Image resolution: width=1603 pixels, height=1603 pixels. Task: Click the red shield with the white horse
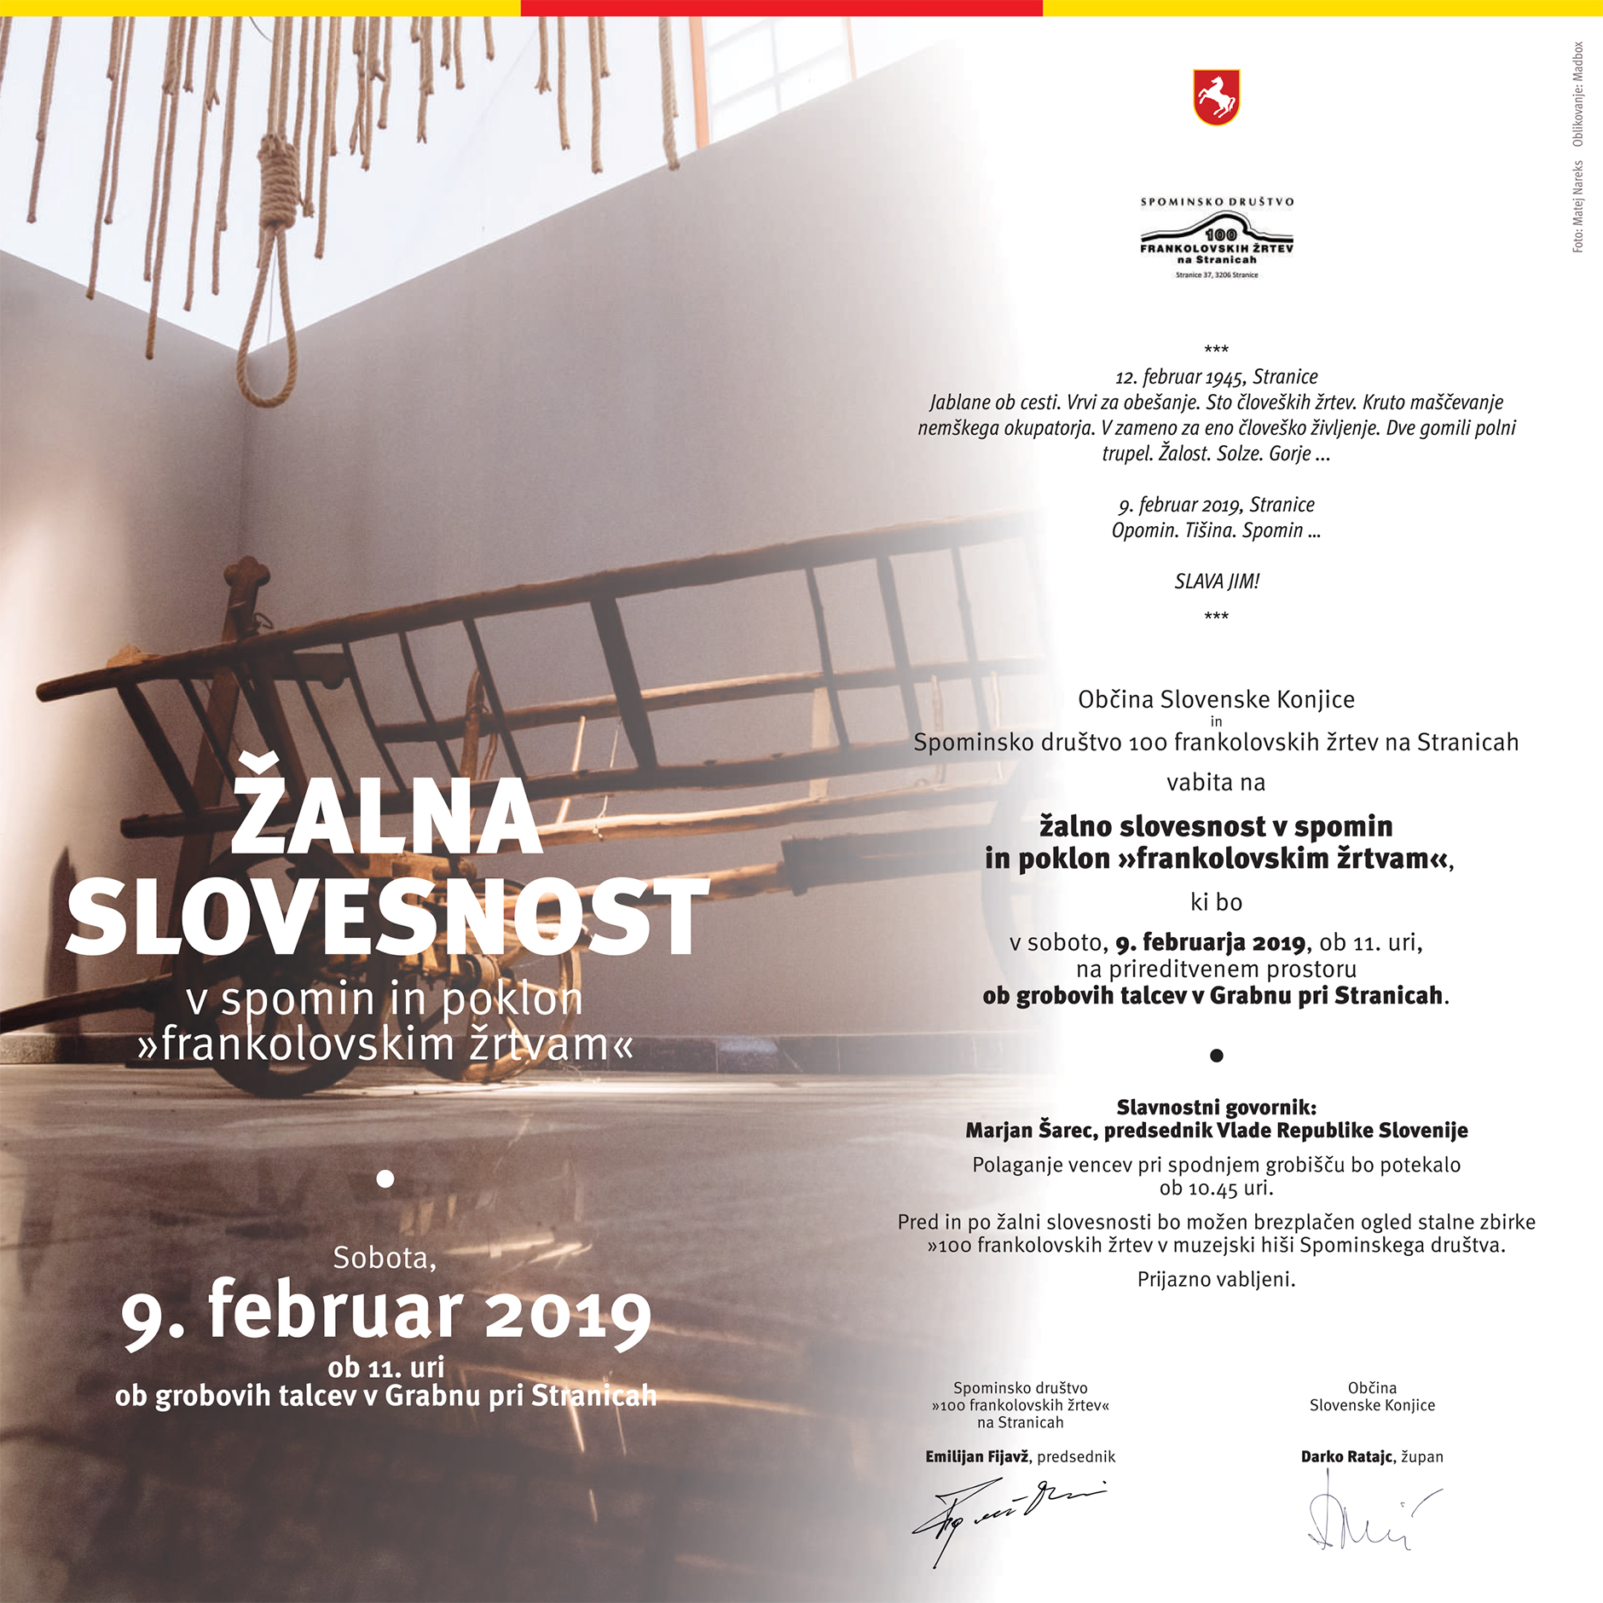[1216, 98]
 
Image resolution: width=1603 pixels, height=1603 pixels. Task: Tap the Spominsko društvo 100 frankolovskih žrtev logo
[1216, 239]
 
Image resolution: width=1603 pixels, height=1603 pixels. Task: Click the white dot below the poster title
[385, 1179]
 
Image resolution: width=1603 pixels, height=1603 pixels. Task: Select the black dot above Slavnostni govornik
[1217, 1056]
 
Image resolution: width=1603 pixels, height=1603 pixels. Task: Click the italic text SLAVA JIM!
[1217, 582]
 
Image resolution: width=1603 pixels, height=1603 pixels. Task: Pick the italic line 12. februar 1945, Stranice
[1217, 377]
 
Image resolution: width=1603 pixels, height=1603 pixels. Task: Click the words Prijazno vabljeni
[1217, 1279]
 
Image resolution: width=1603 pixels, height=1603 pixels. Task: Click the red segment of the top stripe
[781, 8]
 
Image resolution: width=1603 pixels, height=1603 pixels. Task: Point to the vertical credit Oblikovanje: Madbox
[1577, 94]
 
